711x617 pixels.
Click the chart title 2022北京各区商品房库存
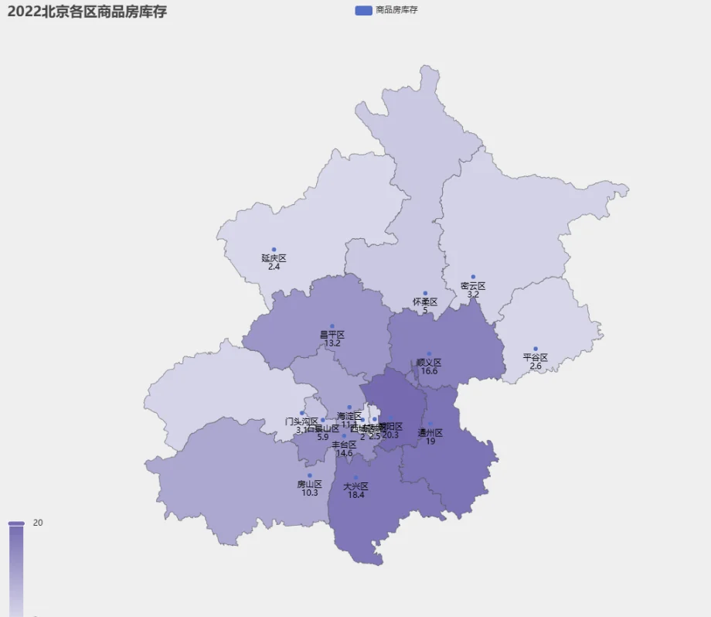coord(87,12)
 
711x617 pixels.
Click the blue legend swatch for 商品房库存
coord(363,10)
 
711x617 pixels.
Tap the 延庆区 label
coord(274,258)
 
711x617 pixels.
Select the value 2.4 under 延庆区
coord(274,267)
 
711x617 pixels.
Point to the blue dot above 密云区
coord(473,277)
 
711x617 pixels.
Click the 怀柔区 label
coord(425,302)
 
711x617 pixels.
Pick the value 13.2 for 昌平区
coord(332,343)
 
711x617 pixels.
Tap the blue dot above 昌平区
coord(332,326)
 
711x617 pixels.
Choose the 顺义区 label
coord(429,362)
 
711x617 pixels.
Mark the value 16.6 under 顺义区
coord(429,371)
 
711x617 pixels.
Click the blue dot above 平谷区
coord(536,349)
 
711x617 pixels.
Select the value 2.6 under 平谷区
coord(536,366)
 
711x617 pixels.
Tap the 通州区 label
coord(430,433)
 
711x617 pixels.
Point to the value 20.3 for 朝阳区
coord(390,435)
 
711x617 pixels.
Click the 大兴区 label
coord(355,486)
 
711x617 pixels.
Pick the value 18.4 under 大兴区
coord(355,495)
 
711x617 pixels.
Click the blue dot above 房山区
coord(310,476)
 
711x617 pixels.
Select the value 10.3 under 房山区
coord(310,493)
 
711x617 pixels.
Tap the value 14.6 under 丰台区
coord(344,453)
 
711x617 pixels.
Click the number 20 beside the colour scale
coord(38,523)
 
